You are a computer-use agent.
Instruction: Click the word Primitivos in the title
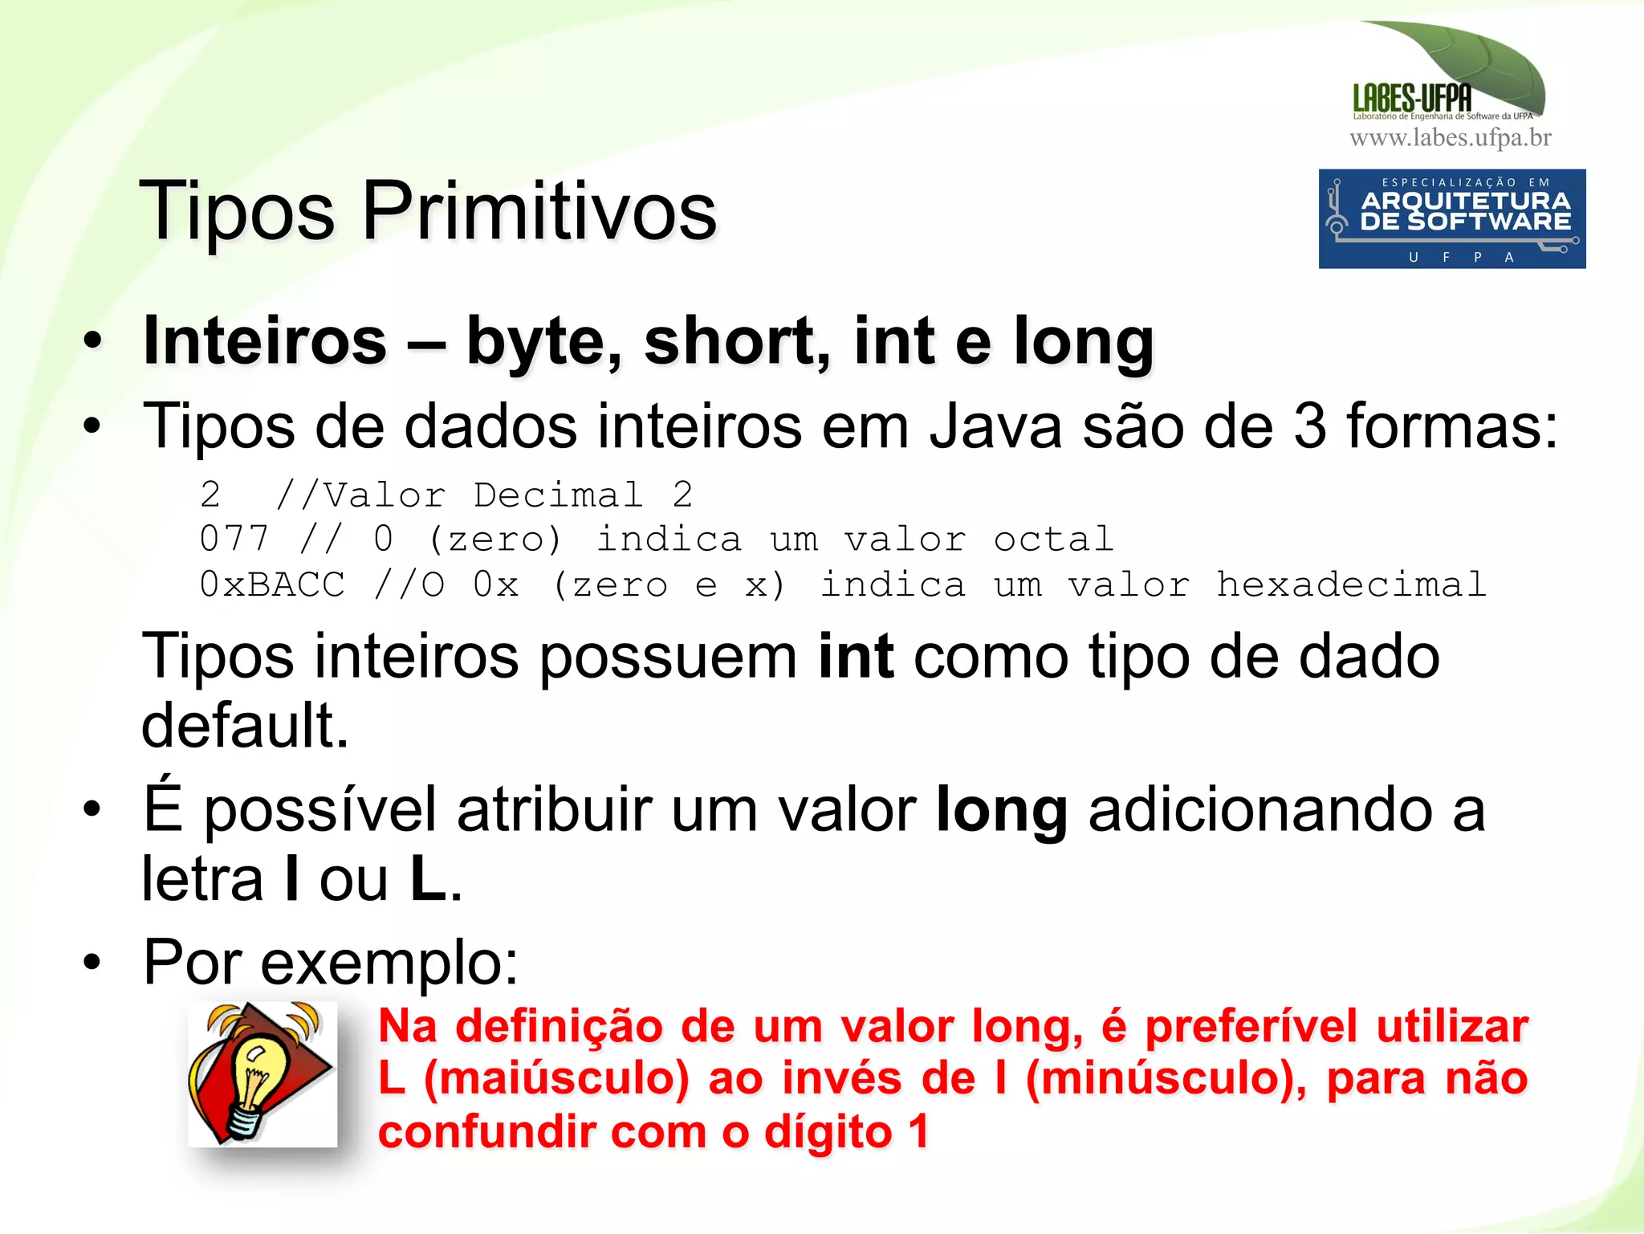[x=539, y=211]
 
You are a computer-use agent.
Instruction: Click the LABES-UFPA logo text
[x=1412, y=99]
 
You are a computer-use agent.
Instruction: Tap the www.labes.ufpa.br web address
[x=1451, y=138]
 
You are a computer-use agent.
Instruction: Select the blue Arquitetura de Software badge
[x=1451, y=218]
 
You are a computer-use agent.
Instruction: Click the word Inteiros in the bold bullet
[x=265, y=340]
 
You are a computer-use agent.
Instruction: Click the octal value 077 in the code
[x=234, y=538]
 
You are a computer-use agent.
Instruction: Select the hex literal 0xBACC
[x=272, y=584]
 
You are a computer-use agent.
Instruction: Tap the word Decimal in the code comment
[x=559, y=495]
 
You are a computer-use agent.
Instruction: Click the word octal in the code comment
[x=1053, y=539]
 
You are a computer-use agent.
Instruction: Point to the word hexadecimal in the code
[x=1351, y=584]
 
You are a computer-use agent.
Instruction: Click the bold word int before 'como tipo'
[x=856, y=657]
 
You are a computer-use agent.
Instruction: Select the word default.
[x=245, y=725]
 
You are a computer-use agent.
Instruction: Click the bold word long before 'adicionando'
[x=1002, y=810]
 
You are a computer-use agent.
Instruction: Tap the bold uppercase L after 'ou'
[x=428, y=879]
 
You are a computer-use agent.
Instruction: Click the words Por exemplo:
[x=331, y=961]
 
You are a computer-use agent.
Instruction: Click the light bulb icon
[x=262, y=1073]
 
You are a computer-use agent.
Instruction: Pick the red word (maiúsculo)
[x=556, y=1078]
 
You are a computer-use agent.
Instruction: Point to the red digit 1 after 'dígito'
[x=919, y=1131]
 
